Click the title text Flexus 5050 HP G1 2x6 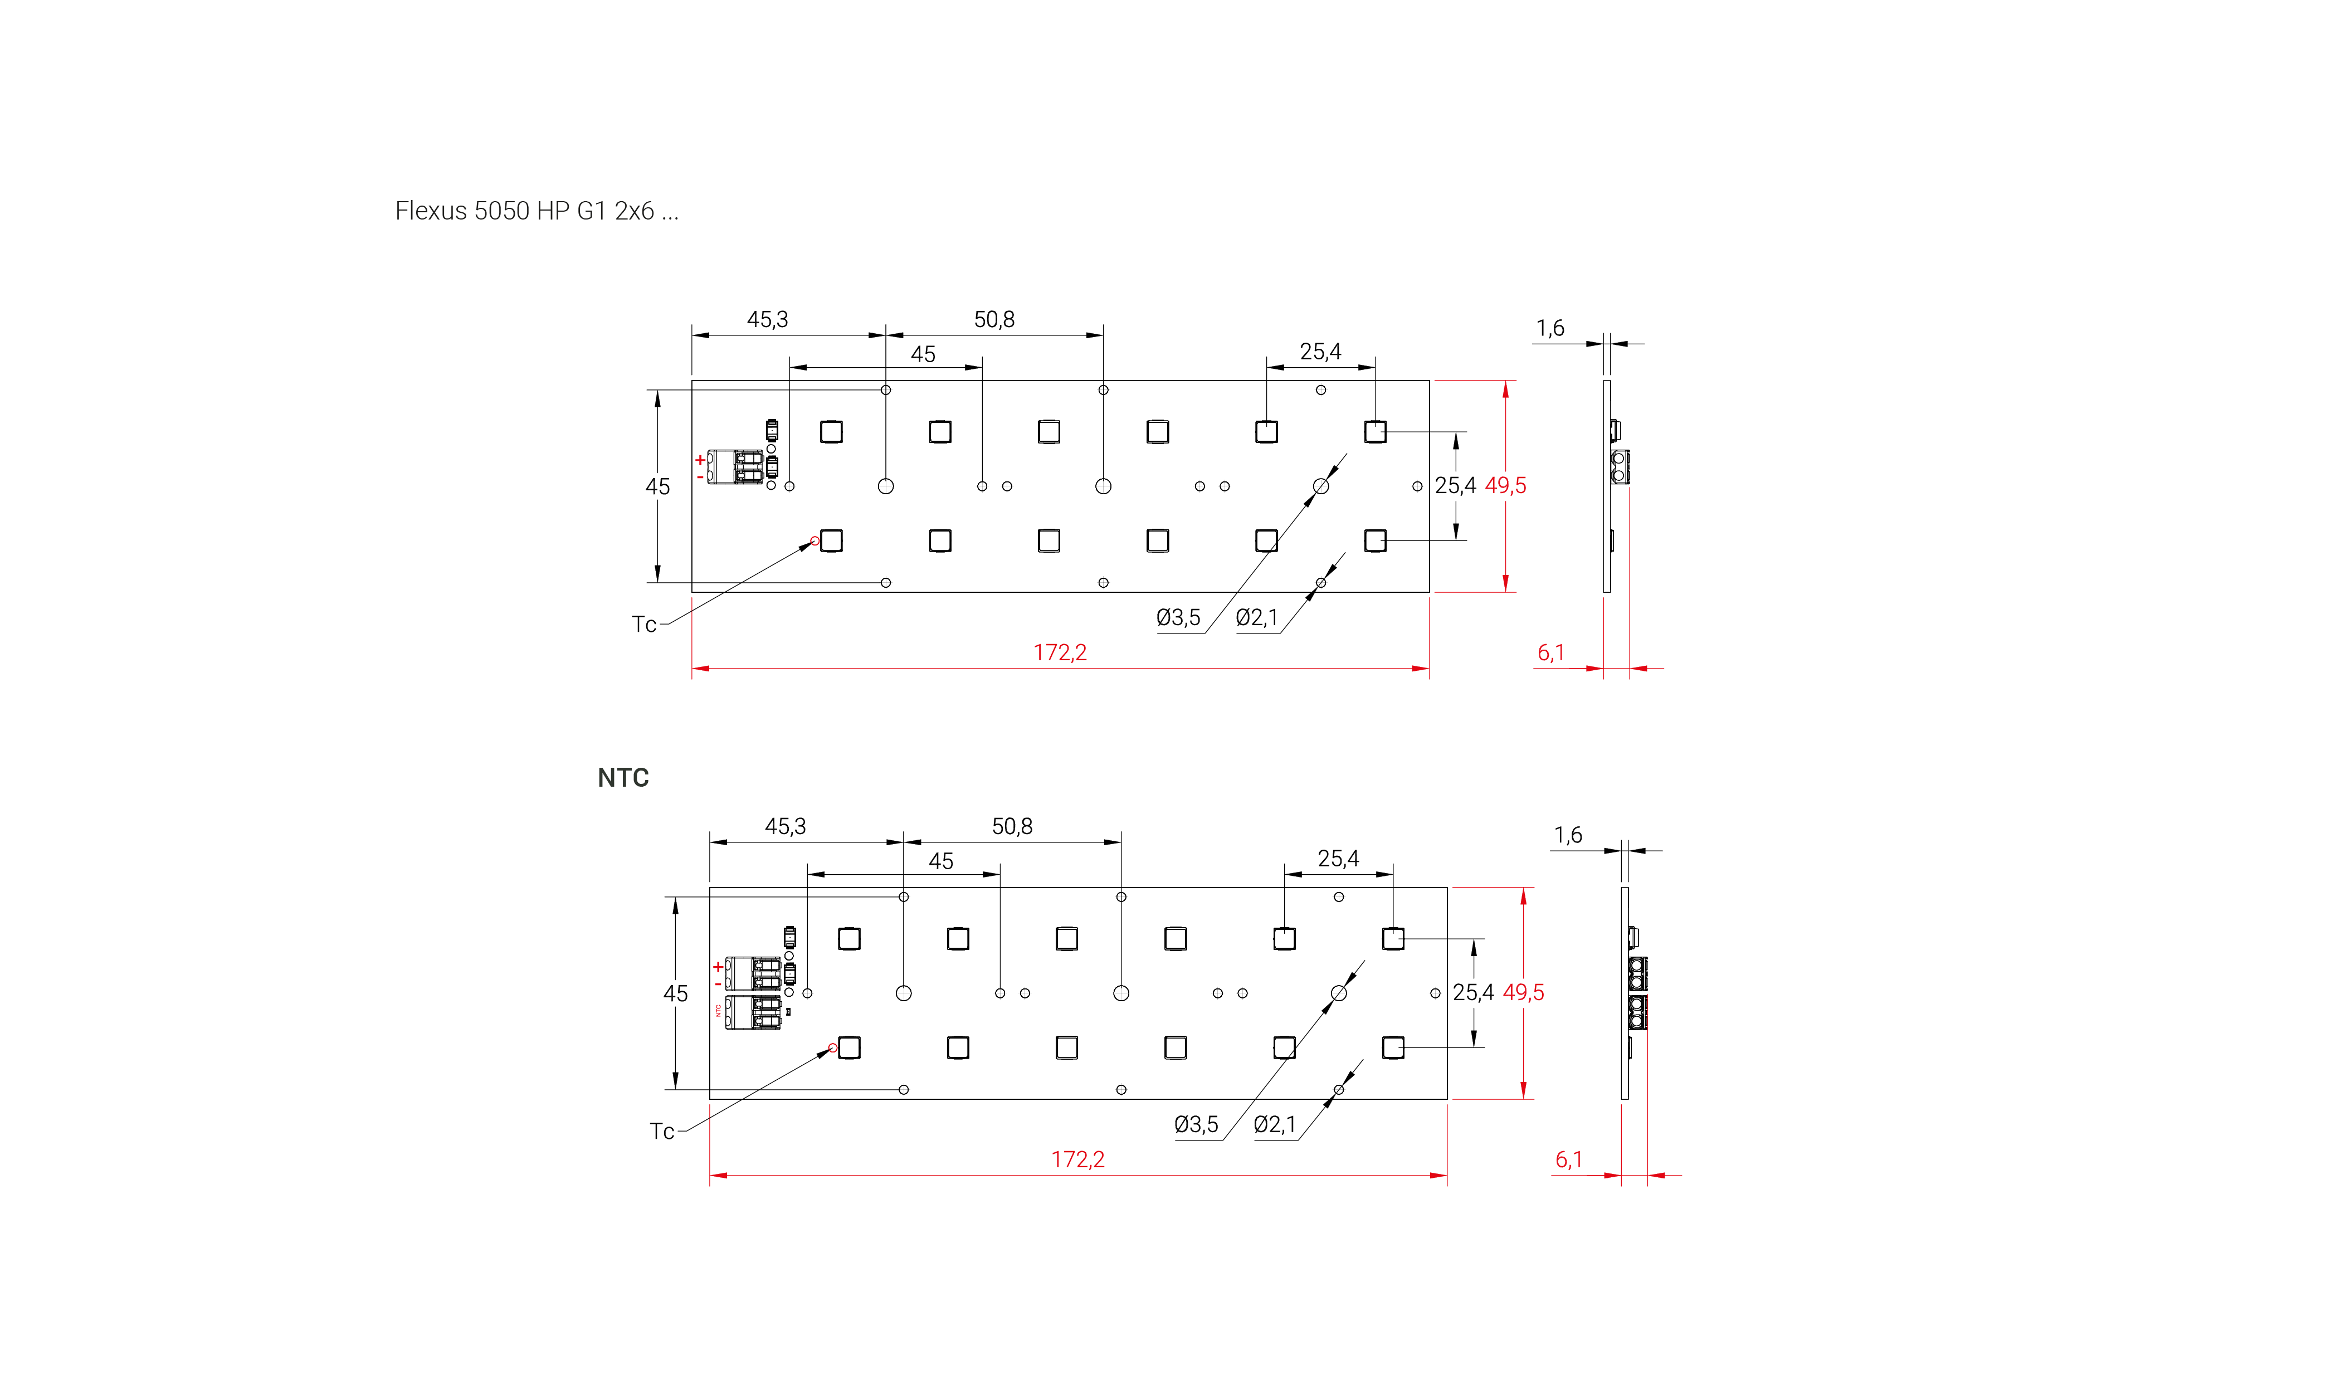524,211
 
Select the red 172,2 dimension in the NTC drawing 1077,1159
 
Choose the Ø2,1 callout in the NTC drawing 1275,1124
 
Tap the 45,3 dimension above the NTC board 785,826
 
